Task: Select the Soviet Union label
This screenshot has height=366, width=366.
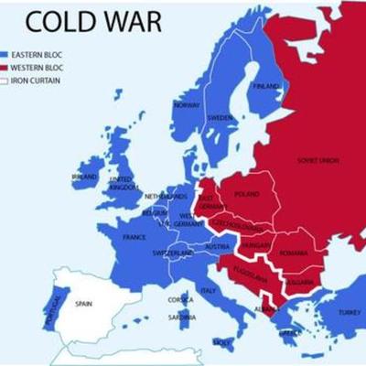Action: click(x=318, y=159)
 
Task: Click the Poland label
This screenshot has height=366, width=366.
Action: click(x=247, y=194)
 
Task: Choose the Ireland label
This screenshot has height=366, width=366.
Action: click(x=84, y=176)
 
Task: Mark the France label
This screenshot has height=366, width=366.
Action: click(x=134, y=237)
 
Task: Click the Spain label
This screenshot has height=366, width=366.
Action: click(x=84, y=303)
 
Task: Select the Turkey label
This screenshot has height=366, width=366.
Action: click(x=349, y=312)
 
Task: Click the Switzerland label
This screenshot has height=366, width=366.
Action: click(x=170, y=253)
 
